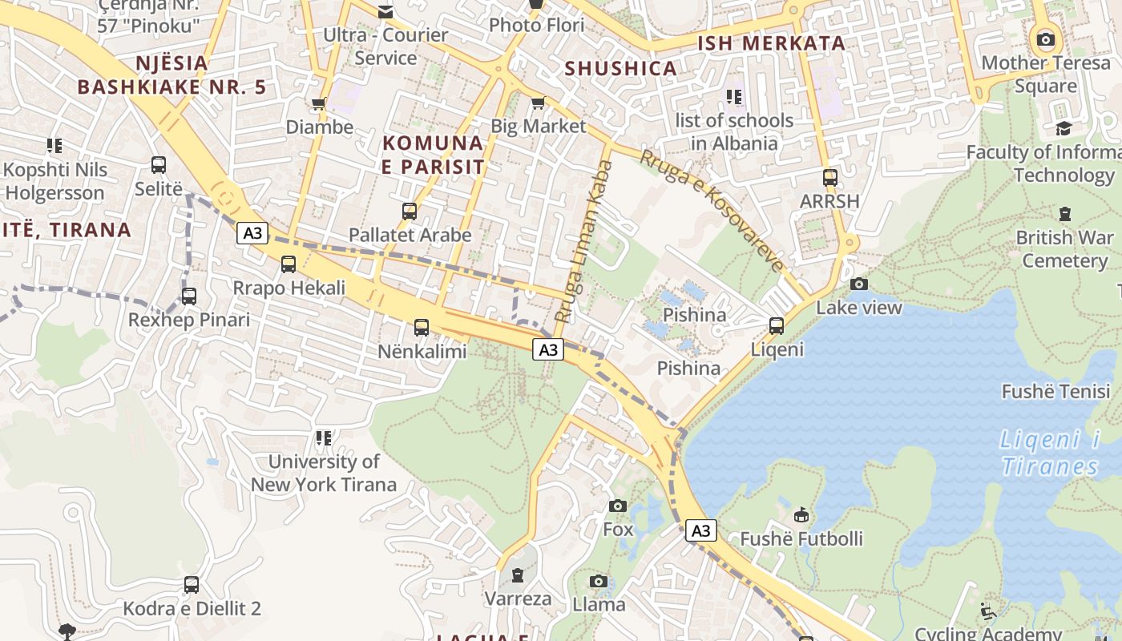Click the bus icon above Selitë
[159, 165]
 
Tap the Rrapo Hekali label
[289, 288]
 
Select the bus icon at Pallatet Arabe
[410, 212]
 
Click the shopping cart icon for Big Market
[538, 103]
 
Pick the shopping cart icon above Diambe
[319, 103]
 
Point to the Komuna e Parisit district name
[434, 155]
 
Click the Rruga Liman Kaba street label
[583, 241]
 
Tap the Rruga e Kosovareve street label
[711, 211]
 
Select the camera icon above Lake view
[858, 284]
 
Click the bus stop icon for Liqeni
[776, 326]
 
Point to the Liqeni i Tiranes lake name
[1050, 453]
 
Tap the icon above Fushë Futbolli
[801, 514]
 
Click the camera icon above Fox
[617, 506]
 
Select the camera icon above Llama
[598, 581]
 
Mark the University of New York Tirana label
[324, 473]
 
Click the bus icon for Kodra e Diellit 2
[191, 585]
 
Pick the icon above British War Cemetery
[1064, 214]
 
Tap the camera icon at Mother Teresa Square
[1045, 39]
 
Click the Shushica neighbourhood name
[621, 69]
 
